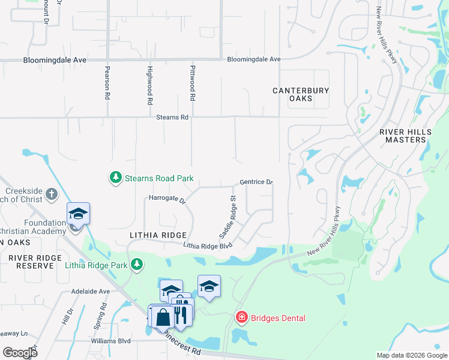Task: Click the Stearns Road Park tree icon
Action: click(x=115, y=178)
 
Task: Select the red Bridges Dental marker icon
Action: click(x=241, y=317)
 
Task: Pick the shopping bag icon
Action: click(x=163, y=318)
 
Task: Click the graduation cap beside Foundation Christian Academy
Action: click(x=78, y=213)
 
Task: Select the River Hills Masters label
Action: click(x=402, y=136)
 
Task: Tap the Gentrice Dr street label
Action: click(x=256, y=182)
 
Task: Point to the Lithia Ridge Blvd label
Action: click(x=208, y=245)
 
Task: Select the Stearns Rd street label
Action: click(x=172, y=118)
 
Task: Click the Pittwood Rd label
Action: click(x=193, y=83)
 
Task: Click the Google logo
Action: click(x=20, y=352)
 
